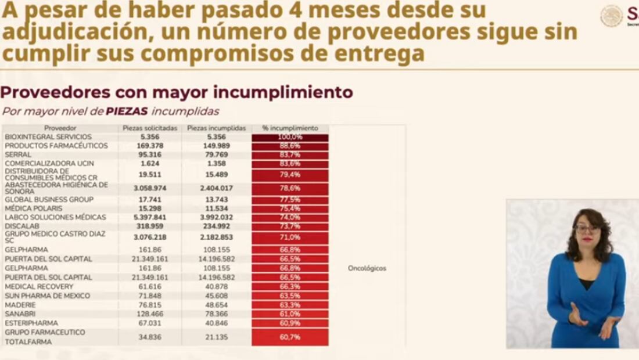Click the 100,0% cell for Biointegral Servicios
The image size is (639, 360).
point(290,137)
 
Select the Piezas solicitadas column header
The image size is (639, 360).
point(150,128)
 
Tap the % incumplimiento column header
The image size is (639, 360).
point(290,128)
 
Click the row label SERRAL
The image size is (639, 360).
point(18,155)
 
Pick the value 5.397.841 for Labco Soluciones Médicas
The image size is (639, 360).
point(150,217)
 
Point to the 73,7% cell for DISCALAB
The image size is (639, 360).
point(290,226)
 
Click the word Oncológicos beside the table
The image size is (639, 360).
point(367,268)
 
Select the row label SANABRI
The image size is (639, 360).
point(20,314)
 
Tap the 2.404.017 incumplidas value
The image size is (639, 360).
point(216,188)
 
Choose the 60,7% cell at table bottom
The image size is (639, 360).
point(290,337)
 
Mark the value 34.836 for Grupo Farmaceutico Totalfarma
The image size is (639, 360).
point(150,337)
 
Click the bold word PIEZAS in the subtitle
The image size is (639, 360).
point(127,111)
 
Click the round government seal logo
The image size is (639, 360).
point(612,16)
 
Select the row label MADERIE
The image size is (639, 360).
point(20,305)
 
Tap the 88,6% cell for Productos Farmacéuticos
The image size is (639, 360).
point(290,146)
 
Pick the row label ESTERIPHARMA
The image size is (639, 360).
point(31,323)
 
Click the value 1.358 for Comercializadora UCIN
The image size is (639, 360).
point(216,164)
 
